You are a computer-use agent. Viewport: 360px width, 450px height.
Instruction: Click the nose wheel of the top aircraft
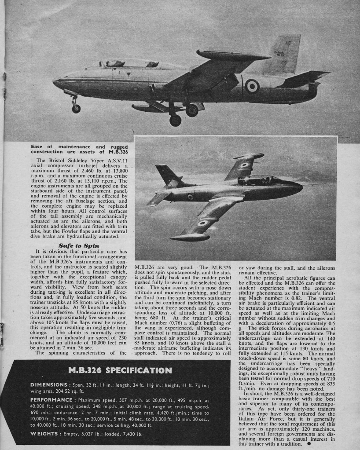[76, 108]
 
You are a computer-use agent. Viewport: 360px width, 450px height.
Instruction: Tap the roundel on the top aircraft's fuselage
[252, 86]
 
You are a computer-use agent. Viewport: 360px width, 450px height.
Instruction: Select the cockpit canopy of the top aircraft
[128, 64]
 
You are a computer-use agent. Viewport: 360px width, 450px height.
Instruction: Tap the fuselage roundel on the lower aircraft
[190, 197]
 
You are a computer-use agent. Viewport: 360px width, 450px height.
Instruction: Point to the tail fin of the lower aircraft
[168, 175]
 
